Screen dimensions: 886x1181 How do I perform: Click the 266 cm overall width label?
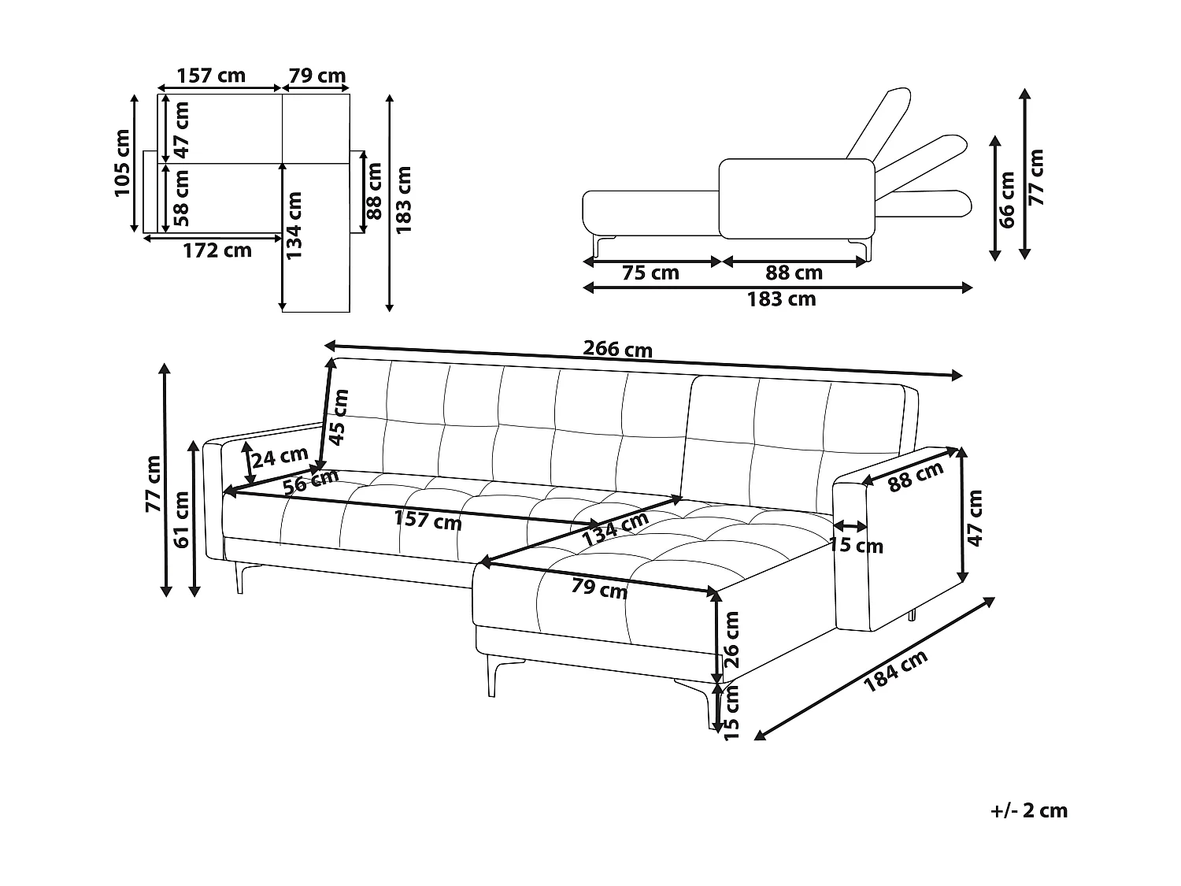click(617, 349)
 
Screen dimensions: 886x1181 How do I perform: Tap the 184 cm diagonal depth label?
click(895, 671)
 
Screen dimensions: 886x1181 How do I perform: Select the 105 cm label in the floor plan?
click(123, 163)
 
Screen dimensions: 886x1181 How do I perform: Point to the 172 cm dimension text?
click(217, 250)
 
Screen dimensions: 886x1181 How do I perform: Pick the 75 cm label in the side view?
click(650, 273)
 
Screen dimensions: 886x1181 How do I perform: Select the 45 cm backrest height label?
click(339, 418)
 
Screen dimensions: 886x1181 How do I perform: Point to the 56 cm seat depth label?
click(311, 480)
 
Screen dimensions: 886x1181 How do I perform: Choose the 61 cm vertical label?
click(182, 519)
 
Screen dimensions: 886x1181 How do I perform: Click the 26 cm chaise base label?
click(731, 639)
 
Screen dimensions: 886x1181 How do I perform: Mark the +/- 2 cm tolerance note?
click(1030, 810)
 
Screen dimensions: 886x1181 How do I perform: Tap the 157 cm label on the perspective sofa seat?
click(428, 521)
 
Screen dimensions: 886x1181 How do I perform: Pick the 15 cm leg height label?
click(731, 712)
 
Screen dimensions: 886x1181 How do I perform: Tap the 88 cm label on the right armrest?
click(916, 476)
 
